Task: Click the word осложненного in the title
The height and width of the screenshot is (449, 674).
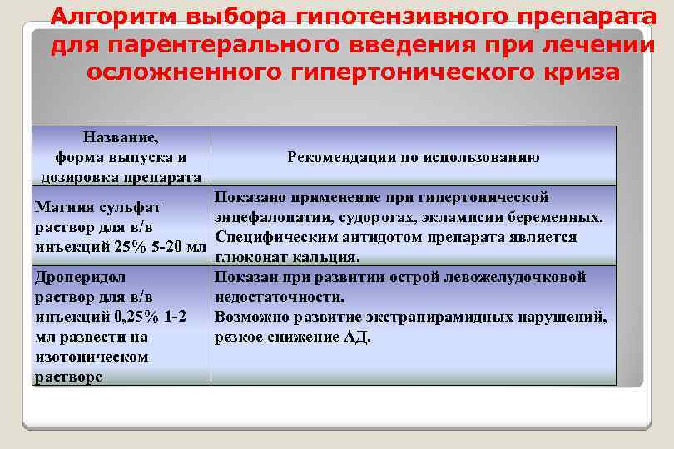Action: click(x=180, y=72)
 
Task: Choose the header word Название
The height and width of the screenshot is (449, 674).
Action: click(x=121, y=137)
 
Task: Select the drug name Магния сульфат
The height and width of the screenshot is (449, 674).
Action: click(x=98, y=206)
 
